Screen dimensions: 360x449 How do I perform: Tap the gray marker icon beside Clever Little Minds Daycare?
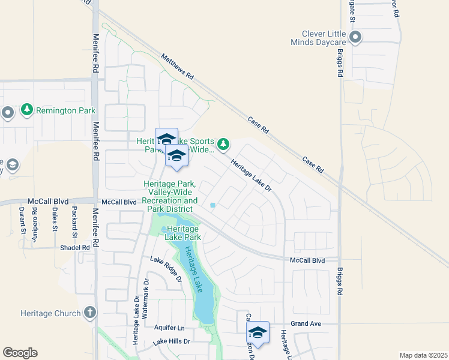(x=355, y=38)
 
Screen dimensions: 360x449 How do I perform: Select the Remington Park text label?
(x=65, y=110)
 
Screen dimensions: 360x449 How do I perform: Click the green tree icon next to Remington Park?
(x=26, y=110)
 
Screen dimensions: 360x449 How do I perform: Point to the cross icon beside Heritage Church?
(x=89, y=312)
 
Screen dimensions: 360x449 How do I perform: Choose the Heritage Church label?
(x=50, y=313)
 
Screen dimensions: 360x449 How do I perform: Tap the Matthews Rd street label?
(x=178, y=67)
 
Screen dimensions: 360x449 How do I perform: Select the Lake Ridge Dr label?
(x=166, y=269)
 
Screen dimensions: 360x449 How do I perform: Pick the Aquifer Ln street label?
(x=169, y=328)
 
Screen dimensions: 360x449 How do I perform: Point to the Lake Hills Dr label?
(x=171, y=341)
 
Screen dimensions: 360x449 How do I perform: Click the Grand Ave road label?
(x=307, y=323)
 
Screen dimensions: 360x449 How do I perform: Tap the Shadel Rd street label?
(x=74, y=247)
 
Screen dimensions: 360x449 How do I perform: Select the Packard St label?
(x=74, y=220)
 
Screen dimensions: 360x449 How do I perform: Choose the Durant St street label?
(x=22, y=220)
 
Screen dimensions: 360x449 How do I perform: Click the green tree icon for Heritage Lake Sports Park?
(x=223, y=143)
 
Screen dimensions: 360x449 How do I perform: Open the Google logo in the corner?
(x=20, y=353)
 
